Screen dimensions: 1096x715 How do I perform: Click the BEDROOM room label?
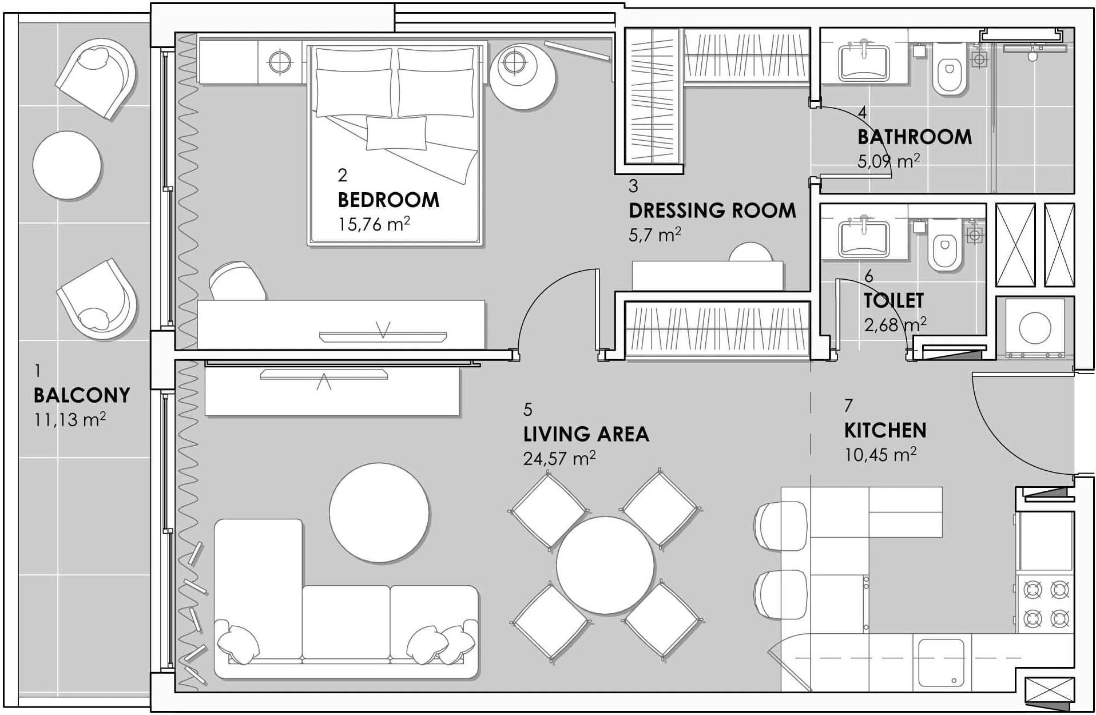point(388,200)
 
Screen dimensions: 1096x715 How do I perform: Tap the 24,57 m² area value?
point(559,458)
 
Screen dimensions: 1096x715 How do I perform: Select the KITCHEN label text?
point(885,430)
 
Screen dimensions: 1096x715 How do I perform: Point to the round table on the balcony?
point(67,165)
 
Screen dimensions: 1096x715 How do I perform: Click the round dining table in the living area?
point(605,565)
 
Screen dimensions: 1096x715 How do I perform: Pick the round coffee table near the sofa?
point(379,513)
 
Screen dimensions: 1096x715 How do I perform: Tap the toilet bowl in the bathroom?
point(950,76)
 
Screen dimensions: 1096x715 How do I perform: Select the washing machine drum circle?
point(1035,328)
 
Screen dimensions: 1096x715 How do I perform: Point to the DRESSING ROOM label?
point(712,210)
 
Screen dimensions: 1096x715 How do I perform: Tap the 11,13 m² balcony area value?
point(70,419)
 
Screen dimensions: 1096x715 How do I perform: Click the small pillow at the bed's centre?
point(396,133)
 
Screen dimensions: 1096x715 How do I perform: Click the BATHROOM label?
point(914,137)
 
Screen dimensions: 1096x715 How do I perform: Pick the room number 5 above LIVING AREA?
point(527,410)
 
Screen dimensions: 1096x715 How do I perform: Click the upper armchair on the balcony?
point(96,78)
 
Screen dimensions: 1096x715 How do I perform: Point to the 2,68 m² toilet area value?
point(895,324)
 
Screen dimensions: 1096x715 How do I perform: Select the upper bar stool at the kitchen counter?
point(780,526)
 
